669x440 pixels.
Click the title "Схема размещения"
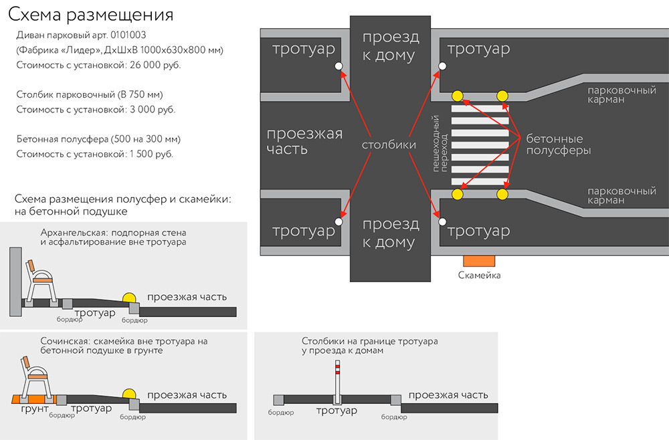pos(93,15)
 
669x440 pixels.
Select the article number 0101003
pos(132,35)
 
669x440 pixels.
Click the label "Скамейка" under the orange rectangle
pos(479,275)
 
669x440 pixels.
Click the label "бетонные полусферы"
pos(558,144)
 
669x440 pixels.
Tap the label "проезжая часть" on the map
pos(304,140)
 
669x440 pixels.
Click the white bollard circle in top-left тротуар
pos(339,66)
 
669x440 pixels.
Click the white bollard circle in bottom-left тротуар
pos(339,220)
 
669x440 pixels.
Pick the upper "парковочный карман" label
pos(621,94)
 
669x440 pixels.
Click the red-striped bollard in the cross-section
pos(337,380)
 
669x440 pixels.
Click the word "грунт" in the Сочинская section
pos(34,409)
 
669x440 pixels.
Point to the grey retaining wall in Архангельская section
pos(15,281)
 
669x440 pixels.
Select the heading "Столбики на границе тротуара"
pos(369,341)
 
